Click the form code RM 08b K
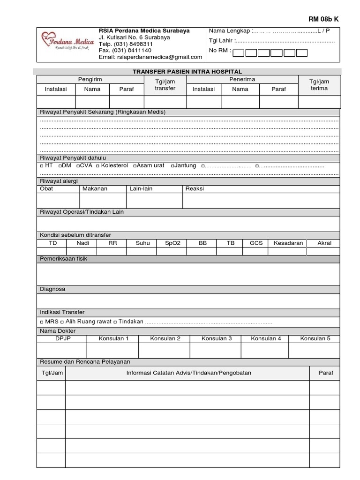pos(323,19)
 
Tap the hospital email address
pos(150,57)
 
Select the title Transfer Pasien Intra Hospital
pos(187,72)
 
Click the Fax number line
pos(125,50)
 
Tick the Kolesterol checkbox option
pos(98,166)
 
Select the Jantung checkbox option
pos(173,166)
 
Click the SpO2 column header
pos(173,243)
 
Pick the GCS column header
pos(256,243)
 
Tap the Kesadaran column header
pos(288,243)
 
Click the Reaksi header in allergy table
pos(195,188)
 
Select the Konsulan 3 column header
pos(217,338)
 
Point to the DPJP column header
pos(63,338)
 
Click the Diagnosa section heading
pos(52,289)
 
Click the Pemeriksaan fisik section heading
pos(63,258)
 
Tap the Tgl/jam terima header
pos(319,85)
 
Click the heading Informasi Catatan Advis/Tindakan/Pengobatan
pos(188,373)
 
